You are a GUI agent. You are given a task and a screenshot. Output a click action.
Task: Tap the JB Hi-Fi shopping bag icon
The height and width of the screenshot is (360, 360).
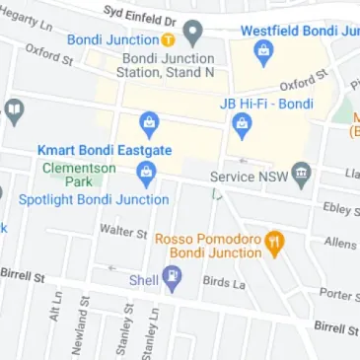pyautogui.click(x=241, y=125)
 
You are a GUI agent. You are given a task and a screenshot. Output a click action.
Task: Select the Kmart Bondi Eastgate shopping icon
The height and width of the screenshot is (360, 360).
pyautogui.click(x=149, y=125)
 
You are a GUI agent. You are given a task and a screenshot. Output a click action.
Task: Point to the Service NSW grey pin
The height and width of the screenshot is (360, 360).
pyautogui.click(x=302, y=177)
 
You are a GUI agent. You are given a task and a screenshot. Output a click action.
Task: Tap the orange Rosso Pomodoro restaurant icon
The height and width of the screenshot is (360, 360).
pyautogui.click(x=275, y=241)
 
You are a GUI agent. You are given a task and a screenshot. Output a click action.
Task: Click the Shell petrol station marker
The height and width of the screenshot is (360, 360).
pyautogui.click(x=173, y=281)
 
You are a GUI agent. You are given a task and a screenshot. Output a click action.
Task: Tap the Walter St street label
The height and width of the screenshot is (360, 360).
pyautogui.click(x=122, y=230)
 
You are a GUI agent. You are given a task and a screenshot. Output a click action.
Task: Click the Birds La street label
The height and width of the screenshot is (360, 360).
pyautogui.click(x=223, y=282)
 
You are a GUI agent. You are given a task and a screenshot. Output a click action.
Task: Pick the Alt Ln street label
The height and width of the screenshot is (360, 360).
pyautogui.click(x=56, y=311)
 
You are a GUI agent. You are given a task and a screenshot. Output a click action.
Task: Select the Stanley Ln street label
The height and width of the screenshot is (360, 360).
pyautogui.click(x=152, y=330)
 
